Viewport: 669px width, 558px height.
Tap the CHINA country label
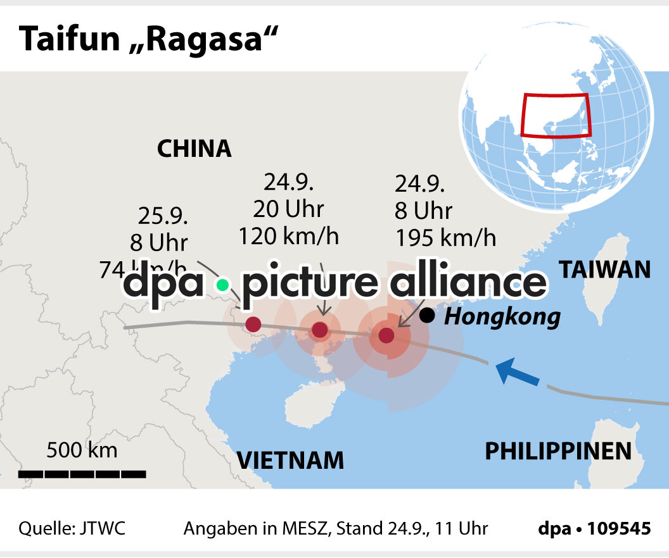(x=194, y=149)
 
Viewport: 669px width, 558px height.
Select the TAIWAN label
(x=604, y=270)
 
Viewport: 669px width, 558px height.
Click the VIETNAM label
(x=291, y=461)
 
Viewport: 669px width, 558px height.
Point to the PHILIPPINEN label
(x=558, y=451)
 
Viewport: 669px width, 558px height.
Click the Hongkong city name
(x=502, y=316)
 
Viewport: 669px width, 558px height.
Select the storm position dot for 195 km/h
(x=386, y=335)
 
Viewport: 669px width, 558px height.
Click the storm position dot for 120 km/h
(x=320, y=330)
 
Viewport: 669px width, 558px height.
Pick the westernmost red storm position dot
(x=253, y=325)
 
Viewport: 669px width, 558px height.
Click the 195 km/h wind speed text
(x=445, y=239)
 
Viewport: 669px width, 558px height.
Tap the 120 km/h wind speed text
(x=289, y=236)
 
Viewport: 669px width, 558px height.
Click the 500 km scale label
(x=82, y=450)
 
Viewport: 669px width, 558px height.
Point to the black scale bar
(x=82, y=473)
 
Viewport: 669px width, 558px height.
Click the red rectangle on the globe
(x=555, y=115)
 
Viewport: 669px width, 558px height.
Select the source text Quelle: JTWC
(x=72, y=528)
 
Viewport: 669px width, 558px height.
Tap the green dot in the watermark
(x=222, y=285)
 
